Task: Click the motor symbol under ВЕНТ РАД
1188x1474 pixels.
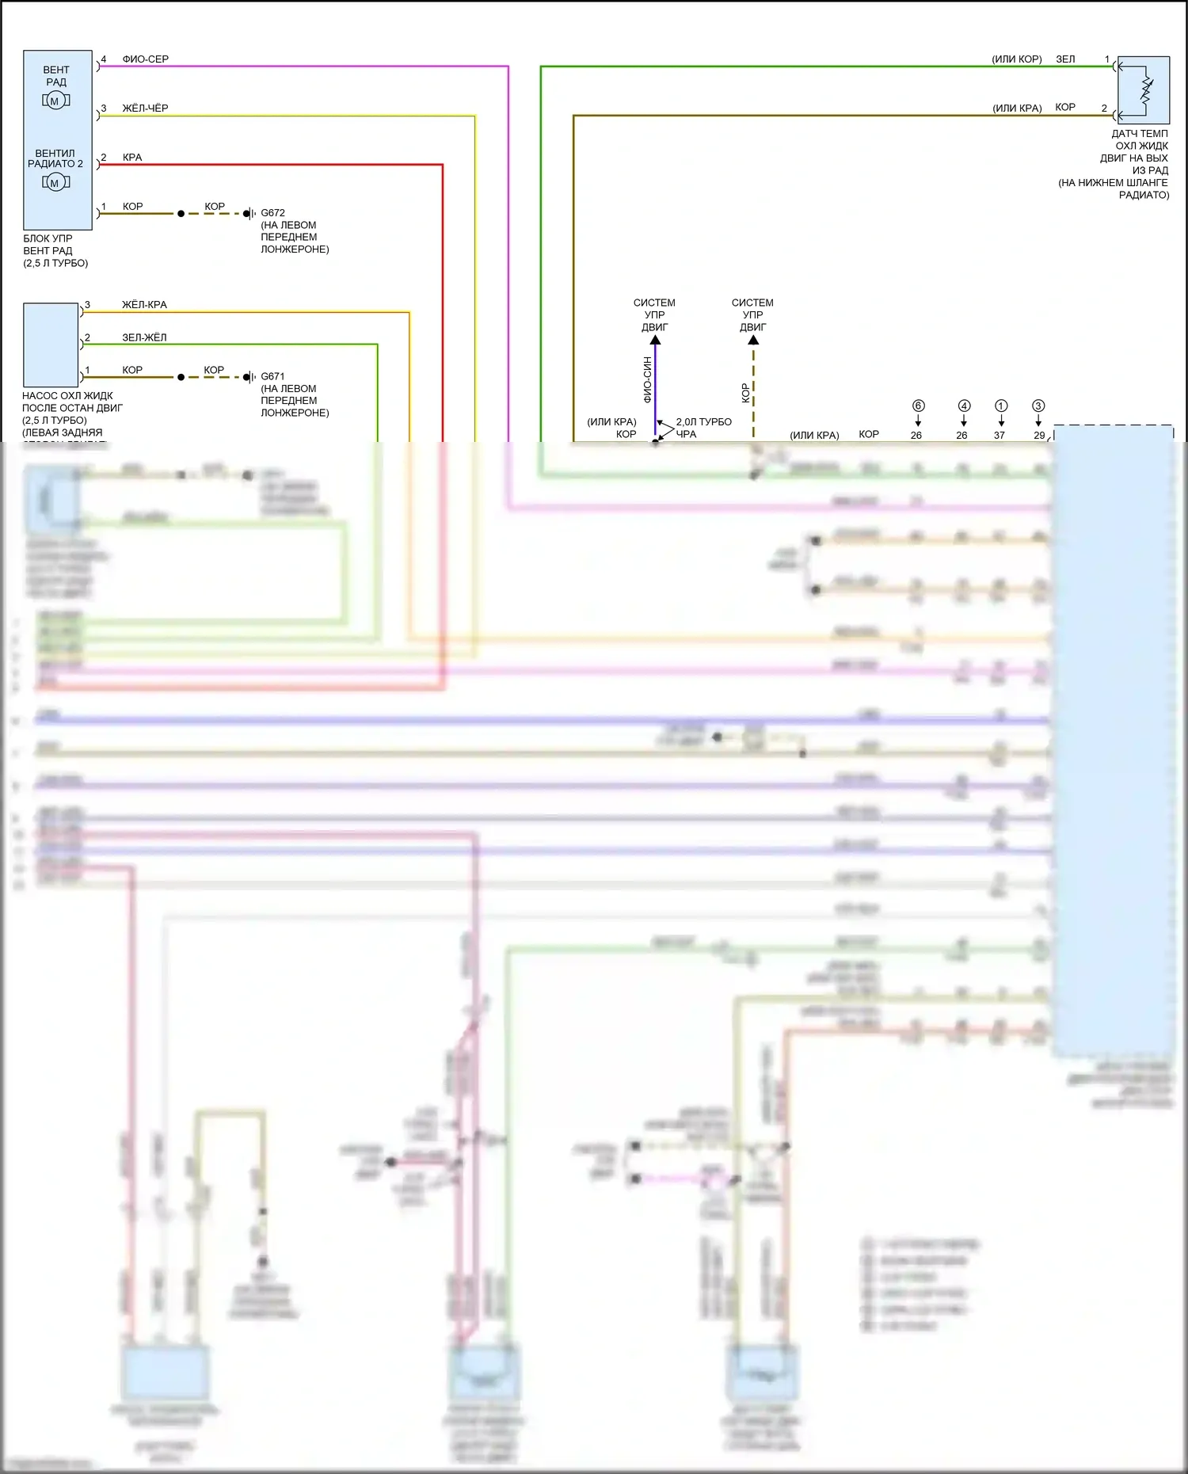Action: tap(55, 101)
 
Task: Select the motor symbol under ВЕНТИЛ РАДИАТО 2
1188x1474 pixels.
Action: tap(55, 183)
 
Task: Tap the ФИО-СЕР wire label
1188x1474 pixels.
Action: tap(145, 59)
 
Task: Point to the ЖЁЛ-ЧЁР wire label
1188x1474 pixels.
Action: tap(145, 109)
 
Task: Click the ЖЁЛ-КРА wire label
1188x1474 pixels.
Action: tap(144, 305)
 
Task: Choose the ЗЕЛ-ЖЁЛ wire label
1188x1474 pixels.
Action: tap(144, 337)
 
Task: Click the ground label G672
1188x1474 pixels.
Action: tap(272, 213)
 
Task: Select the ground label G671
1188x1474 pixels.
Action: tap(272, 377)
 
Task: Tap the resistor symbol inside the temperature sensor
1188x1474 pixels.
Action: tap(1146, 87)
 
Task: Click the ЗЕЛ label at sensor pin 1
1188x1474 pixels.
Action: tap(1065, 59)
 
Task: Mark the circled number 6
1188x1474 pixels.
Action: tap(918, 406)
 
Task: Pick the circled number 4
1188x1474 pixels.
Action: tap(964, 406)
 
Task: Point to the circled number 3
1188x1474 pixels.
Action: tap(1038, 406)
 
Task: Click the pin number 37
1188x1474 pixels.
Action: tap(1000, 435)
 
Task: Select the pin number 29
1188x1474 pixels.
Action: tap(1039, 435)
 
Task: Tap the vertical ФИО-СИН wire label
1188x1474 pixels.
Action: tap(647, 380)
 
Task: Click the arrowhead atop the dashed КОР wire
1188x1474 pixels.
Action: tap(753, 340)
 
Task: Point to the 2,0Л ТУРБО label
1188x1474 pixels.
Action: tap(703, 422)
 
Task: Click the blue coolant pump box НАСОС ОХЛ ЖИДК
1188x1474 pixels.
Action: tap(51, 345)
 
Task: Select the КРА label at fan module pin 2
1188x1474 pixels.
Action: tap(132, 158)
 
